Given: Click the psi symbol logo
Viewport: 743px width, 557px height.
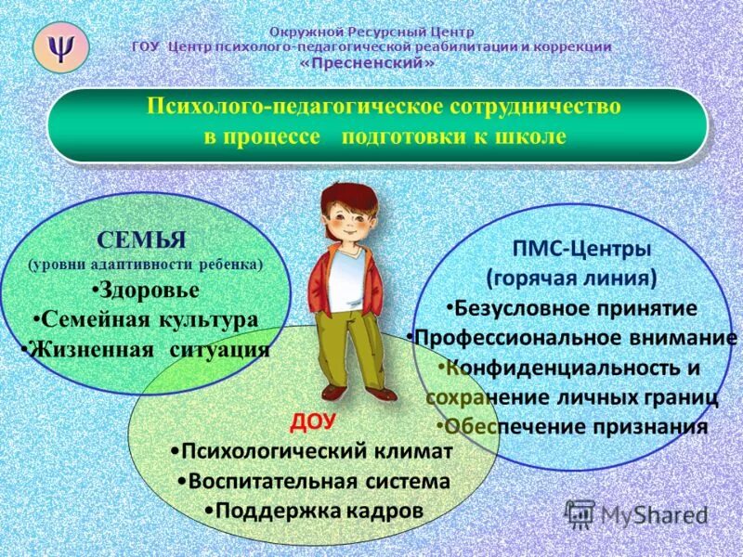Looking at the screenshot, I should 60,46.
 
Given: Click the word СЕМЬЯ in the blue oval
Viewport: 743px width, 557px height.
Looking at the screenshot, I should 142,241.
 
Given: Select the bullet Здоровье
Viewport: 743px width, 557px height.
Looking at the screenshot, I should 146,290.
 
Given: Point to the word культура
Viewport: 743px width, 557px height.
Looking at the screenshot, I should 209,319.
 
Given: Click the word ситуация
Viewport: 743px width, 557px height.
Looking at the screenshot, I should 220,350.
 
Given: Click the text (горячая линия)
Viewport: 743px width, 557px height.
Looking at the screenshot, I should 572,278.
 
